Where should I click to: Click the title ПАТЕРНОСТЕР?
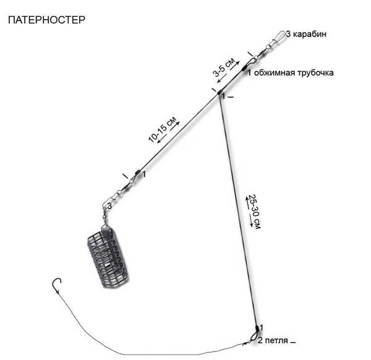[x=46, y=20]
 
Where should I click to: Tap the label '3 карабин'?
[x=306, y=34]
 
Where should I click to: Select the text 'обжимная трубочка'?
[x=294, y=72]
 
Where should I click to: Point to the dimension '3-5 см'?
[x=224, y=67]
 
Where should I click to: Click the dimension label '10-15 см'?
[x=163, y=129]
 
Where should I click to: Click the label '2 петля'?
[x=273, y=341]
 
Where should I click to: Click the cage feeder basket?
[x=108, y=257]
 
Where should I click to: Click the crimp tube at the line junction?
[x=219, y=92]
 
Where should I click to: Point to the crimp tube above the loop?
[x=257, y=328]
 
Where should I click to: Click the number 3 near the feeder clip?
[x=109, y=206]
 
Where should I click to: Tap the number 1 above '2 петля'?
[x=261, y=328]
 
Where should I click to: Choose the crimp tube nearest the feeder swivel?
[x=137, y=173]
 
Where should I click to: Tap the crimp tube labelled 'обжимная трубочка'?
[x=244, y=69]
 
